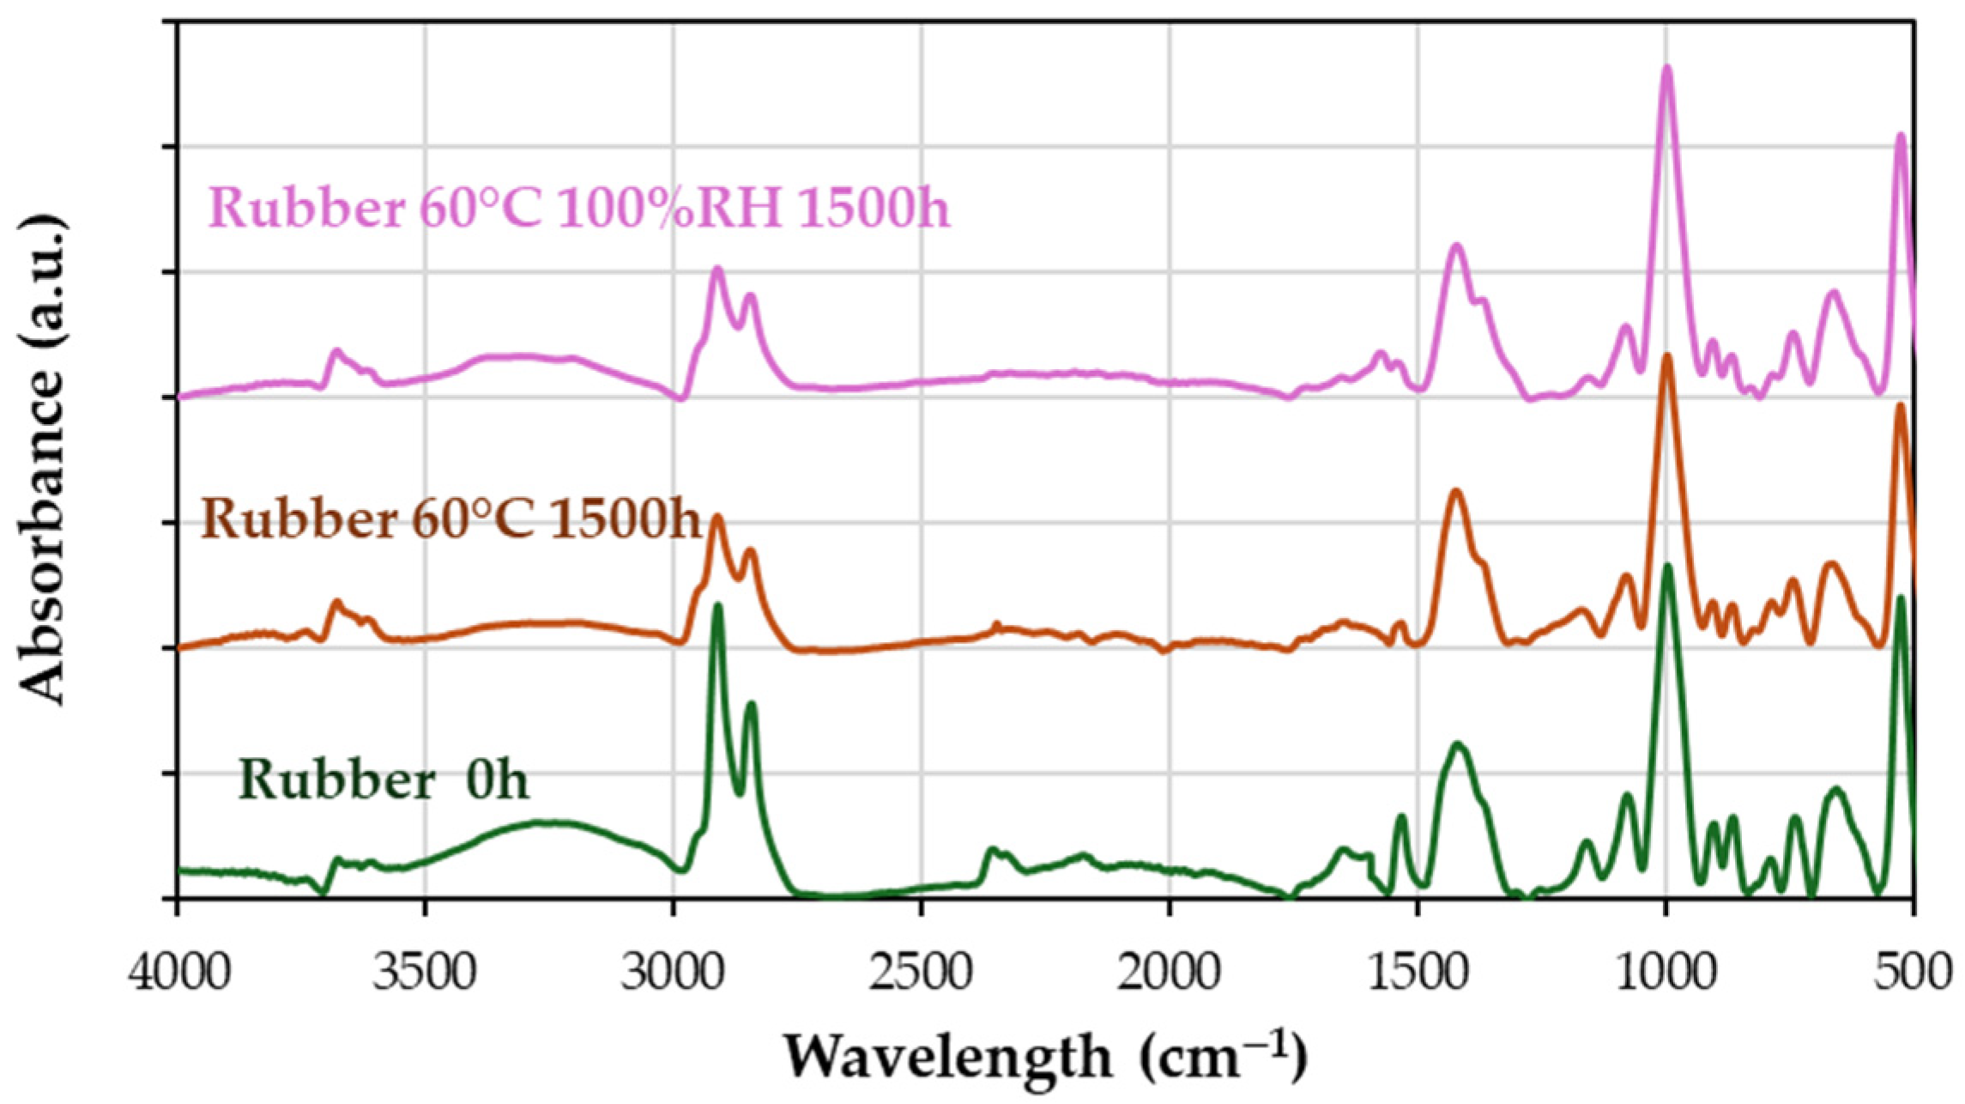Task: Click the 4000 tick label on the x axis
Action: tap(179, 975)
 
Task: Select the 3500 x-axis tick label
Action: tap(426, 975)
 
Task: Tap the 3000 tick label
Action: tap(674, 975)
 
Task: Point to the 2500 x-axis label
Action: tap(921, 975)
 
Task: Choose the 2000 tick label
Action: tap(1169, 975)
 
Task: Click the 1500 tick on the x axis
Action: tap(1417, 975)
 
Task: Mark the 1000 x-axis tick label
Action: tap(1665, 975)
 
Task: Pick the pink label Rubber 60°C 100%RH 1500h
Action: tap(579, 208)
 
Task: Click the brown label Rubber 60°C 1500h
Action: tap(451, 519)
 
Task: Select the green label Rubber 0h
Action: tap(384, 780)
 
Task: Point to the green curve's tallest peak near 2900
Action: tap(717, 606)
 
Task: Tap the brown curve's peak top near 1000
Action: tap(1667, 355)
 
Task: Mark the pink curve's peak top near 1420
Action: tap(1456, 246)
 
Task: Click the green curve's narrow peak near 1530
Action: tap(1400, 816)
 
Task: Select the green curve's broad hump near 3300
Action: tap(541, 822)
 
